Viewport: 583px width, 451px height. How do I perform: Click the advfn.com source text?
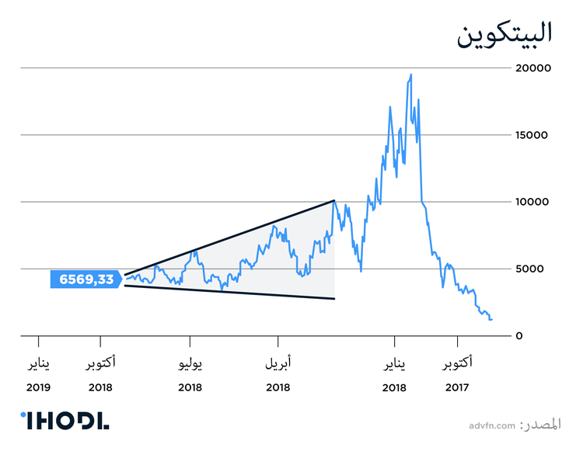click(x=492, y=425)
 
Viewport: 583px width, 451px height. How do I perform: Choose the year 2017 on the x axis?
click(x=457, y=387)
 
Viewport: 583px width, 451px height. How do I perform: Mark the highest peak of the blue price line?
click(x=410, y=75)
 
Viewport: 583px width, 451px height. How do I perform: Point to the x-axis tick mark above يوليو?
click(x=190, y=341)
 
